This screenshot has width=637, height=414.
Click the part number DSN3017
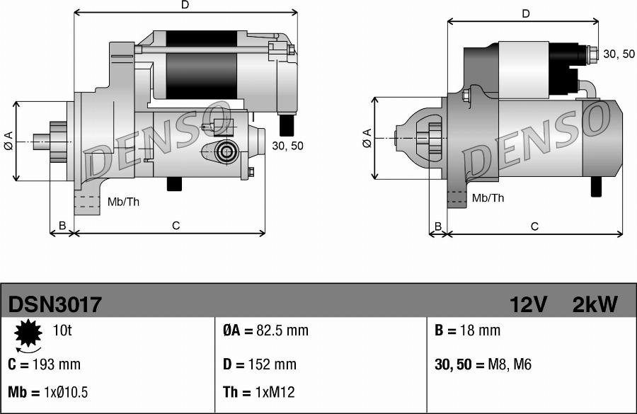[x=55, y=305]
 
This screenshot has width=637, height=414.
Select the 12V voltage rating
[x=528, y=305]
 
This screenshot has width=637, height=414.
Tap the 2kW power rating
[x=595, y=305]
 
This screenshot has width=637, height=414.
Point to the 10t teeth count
[x=62, y=331]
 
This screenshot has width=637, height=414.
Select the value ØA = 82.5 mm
[x=266, y=331]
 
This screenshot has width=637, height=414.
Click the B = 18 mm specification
[x=467, y=331]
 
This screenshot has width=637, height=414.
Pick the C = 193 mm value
[x=45, y=365]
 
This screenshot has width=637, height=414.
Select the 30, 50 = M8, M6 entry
[x=483, y=365]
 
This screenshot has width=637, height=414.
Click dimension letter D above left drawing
[x=185, y=5]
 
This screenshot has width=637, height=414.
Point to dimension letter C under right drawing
[x=535, y=226]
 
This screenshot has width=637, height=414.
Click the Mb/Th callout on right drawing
[x=488, y=198]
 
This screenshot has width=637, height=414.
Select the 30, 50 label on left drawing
[x=287, y=146]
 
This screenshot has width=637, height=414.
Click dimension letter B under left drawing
[x=62, y=226]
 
